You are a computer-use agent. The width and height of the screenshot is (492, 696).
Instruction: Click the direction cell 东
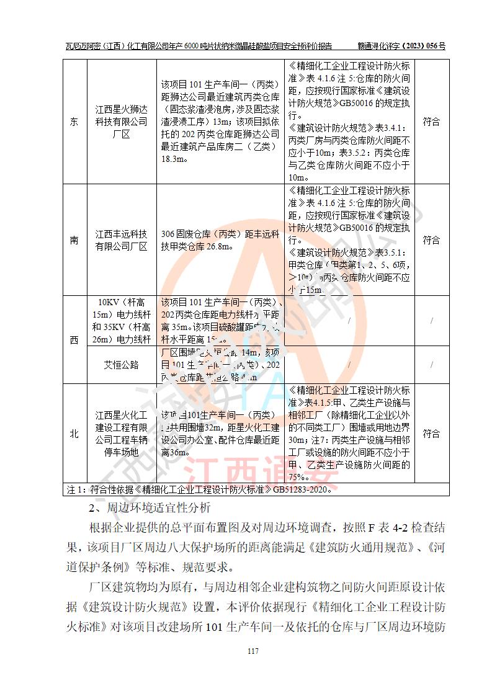pos(74,122)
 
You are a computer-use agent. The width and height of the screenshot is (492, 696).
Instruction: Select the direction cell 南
pos(74,240)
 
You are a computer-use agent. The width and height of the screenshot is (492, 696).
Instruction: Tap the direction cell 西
pos(74,339)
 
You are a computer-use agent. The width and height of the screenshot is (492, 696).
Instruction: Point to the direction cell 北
pos(74,434)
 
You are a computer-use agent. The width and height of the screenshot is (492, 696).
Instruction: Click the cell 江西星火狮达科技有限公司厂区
pos(121,122)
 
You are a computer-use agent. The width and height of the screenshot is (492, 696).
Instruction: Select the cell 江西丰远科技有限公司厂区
pos(121,240)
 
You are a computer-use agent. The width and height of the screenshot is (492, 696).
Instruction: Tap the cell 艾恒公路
pos(121,365)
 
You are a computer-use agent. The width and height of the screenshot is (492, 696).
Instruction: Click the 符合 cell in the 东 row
pos(432,122)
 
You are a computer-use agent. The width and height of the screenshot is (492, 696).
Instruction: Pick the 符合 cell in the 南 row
pos(432,240)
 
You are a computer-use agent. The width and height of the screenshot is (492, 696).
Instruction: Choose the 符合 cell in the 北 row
pos(432,434)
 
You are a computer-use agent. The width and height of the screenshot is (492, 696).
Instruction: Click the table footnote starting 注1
pos(204,490)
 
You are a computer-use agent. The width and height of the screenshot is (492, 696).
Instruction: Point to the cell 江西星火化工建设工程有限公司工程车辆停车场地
pos(121,434)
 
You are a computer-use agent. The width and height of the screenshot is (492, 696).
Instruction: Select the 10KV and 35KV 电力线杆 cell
pos(121,321)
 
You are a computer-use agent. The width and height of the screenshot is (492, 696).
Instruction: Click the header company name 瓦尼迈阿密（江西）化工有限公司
pos(131,46)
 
